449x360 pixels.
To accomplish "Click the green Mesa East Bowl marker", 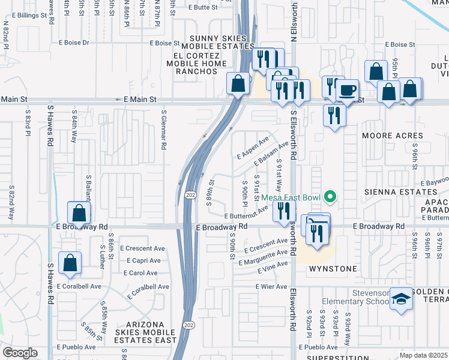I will pos(329,196).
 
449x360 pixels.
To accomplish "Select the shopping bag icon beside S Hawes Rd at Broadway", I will pos(79,212).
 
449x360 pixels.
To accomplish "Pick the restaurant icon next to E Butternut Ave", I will pos(284,211).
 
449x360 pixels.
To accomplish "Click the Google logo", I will pos(20,353).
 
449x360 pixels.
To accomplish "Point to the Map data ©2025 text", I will pos(424,355).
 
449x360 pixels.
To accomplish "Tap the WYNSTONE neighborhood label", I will pos(333,269).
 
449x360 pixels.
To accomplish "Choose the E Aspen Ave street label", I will pos(252,147).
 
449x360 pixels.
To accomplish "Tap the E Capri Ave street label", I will pos(143,260).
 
